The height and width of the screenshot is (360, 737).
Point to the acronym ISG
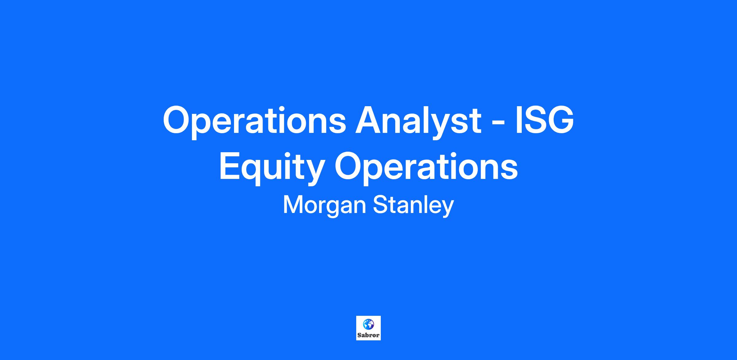(544, 120)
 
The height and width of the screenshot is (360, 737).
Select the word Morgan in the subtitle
(324, 205)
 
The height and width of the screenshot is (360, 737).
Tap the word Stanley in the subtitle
(413, 205)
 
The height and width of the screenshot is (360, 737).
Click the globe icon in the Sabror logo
(368, 324)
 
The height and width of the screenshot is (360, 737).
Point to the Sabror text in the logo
(368, 335)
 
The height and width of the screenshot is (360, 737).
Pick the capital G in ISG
(560, 120)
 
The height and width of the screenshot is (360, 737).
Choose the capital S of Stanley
(380, 205)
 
